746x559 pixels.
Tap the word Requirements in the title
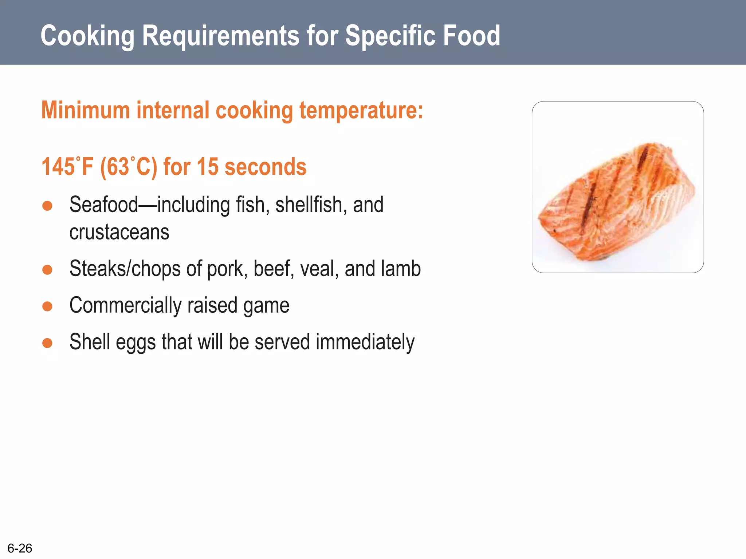tap(221, 36)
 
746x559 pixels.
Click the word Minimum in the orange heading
tap(86, 110)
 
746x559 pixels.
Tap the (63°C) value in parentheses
tap(129, 167)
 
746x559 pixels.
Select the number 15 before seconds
tap(207, 167)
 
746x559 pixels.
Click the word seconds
tap(266, 167)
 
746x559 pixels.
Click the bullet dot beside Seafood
tap(47, 206)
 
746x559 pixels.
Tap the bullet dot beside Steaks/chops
tap(47, 270)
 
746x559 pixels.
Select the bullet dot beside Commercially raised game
tap(47, 306)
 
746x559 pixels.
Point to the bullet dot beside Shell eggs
tap(47, 343)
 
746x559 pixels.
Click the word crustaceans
tap(119, 232)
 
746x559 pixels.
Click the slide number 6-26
tap(20, 548)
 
